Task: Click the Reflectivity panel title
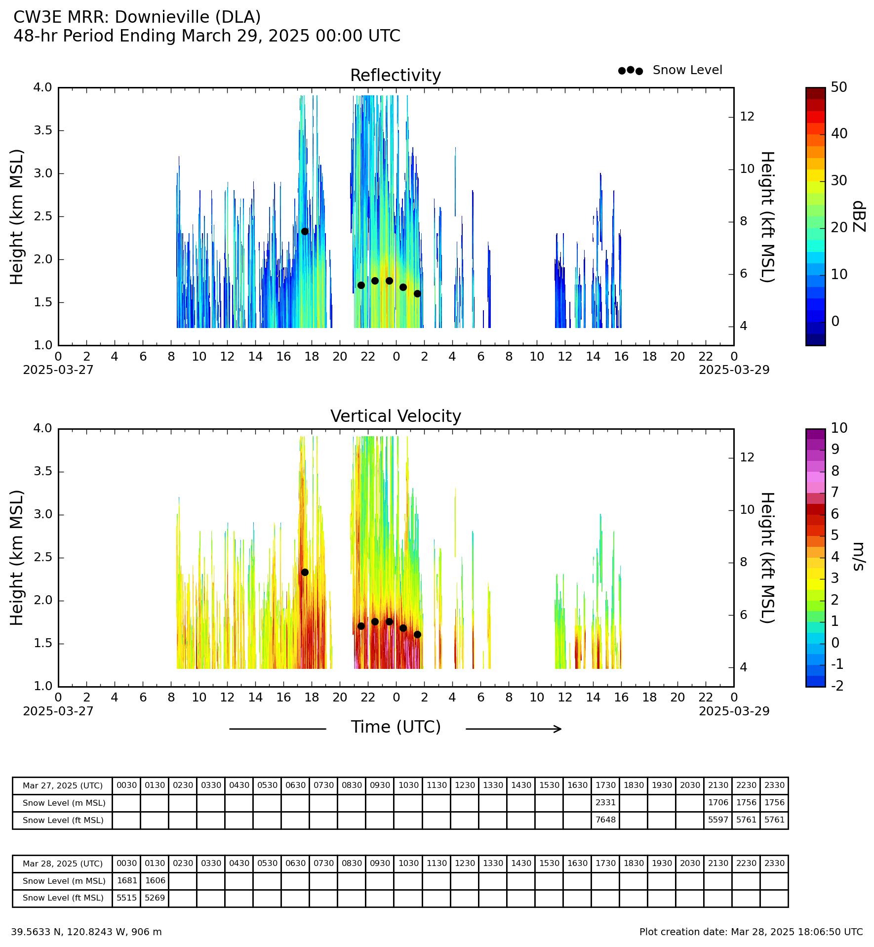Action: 396,76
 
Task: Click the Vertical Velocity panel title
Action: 396,416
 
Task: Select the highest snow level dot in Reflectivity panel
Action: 305,231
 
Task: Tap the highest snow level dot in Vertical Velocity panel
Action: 305,572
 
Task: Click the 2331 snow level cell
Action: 605,802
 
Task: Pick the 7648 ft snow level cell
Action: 605,820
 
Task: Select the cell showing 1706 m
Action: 718,802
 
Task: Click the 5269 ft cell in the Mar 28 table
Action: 155,898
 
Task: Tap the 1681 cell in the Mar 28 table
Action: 126,880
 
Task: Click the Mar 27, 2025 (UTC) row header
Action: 63,785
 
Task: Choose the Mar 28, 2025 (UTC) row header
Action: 63,864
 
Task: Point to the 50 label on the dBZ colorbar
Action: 839,87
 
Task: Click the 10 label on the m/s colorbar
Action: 839,428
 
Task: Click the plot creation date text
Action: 751,932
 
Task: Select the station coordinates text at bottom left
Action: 86,932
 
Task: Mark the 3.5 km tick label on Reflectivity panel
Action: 42,130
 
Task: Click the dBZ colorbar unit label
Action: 859,216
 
